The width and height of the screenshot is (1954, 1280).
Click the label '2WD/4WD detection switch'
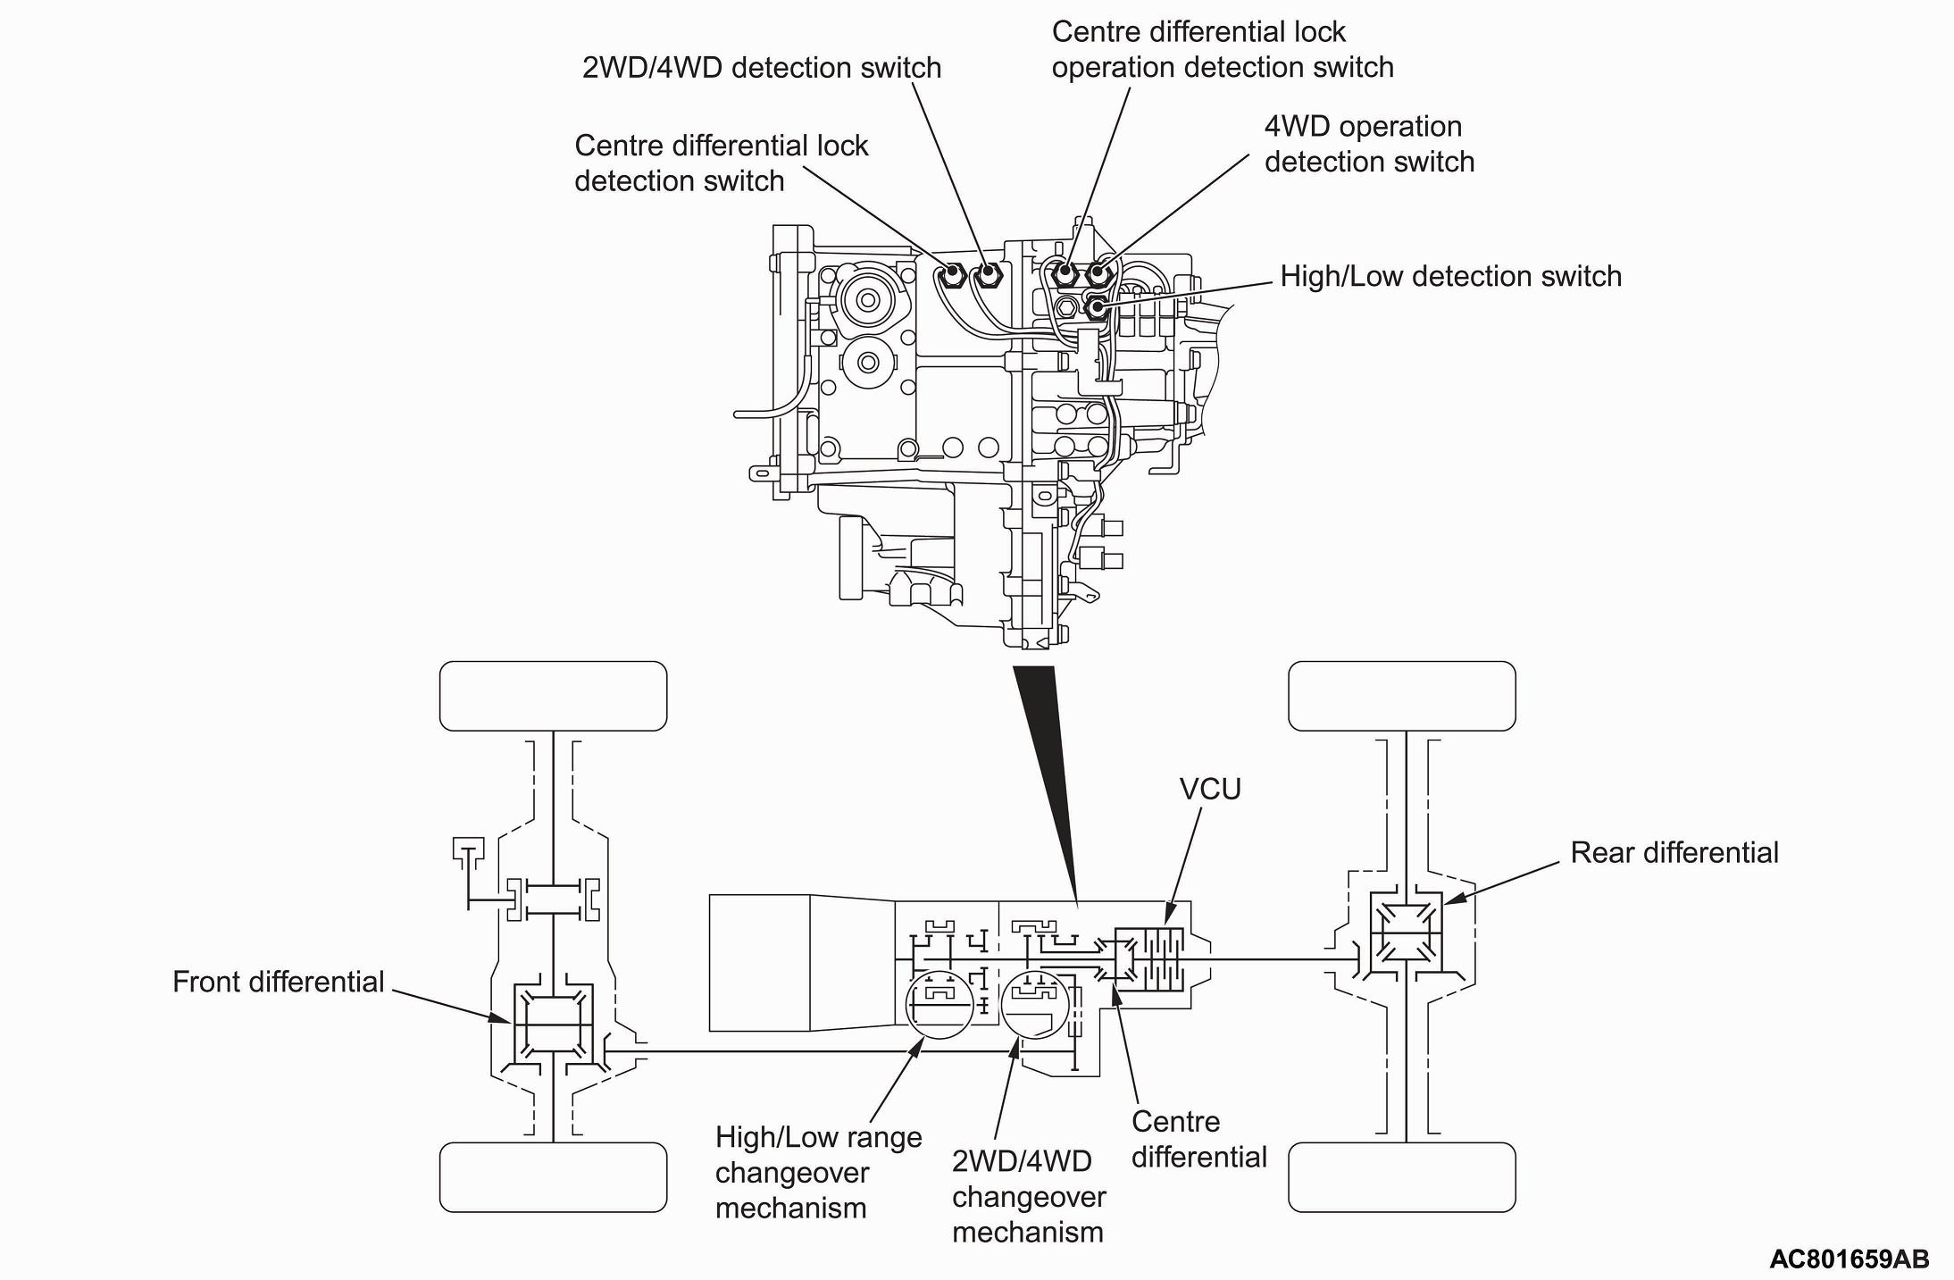761,68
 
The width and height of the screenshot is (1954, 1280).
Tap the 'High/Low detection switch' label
1450,276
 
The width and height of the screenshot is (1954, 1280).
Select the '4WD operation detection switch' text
1368,144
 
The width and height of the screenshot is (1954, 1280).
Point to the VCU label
1210,790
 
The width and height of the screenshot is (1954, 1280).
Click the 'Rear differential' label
1674,852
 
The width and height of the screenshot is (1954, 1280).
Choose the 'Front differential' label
278,982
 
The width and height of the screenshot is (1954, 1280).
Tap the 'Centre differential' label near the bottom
1198,1139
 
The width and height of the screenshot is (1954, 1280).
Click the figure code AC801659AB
1849,1259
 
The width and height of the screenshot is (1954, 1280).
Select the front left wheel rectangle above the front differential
553,696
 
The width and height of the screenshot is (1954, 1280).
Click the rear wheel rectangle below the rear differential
1401,1176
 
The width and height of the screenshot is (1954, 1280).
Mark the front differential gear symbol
553,1022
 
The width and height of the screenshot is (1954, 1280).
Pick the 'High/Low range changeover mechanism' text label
818,1172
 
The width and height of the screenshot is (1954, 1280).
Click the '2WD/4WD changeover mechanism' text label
1028,1196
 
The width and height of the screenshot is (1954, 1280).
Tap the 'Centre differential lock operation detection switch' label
1222,49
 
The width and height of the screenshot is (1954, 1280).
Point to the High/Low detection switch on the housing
1096,307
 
